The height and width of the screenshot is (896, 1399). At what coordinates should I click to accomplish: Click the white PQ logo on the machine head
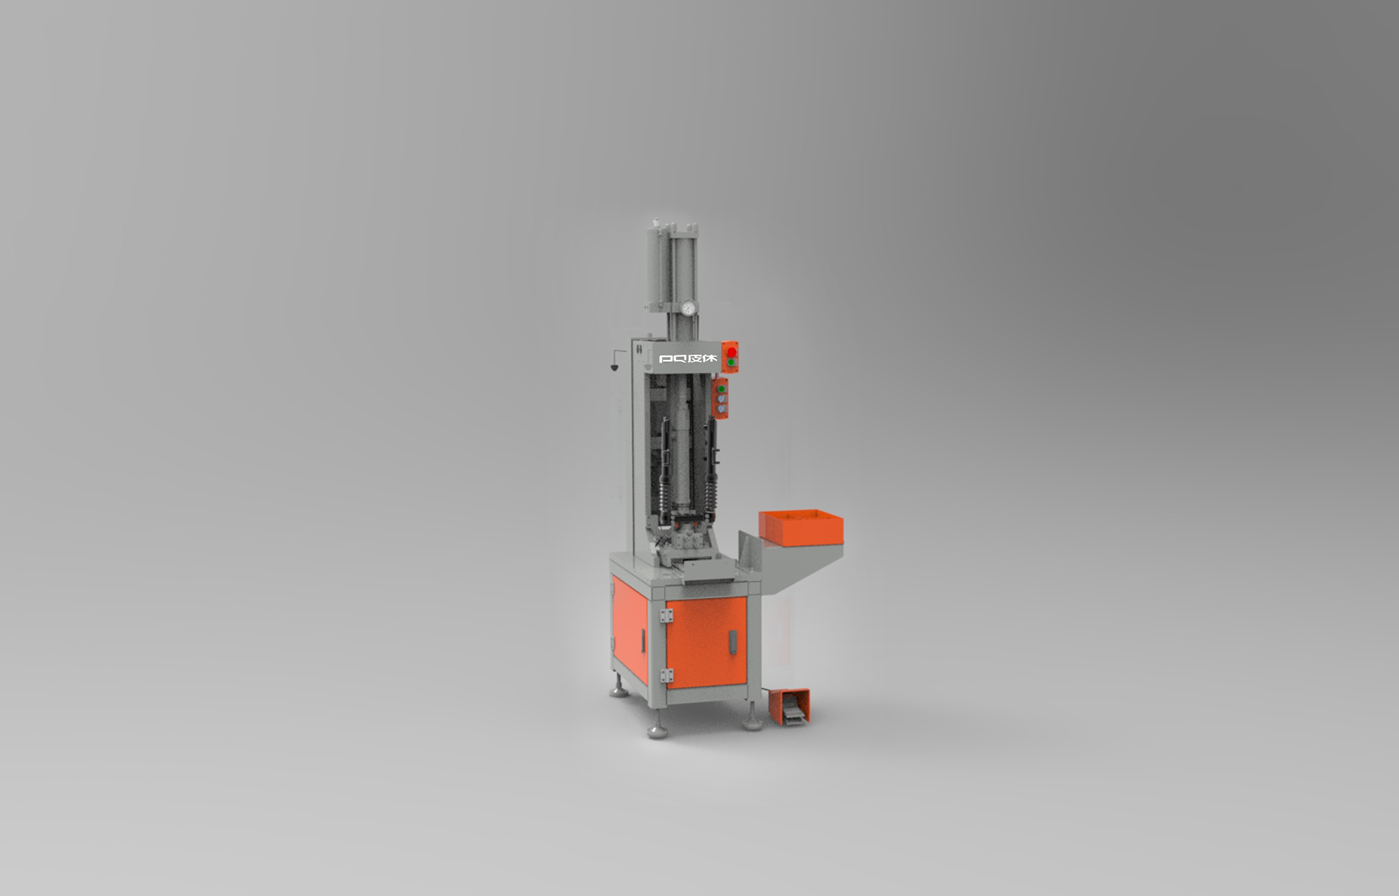tap(688, 359)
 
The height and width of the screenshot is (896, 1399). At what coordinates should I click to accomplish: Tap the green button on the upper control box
tap(731, 362)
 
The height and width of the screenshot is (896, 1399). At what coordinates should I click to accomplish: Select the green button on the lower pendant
tap(722, 389)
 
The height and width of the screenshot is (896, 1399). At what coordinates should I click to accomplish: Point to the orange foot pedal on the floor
tap(789, 707)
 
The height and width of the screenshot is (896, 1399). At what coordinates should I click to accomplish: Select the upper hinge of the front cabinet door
tap(665, 616)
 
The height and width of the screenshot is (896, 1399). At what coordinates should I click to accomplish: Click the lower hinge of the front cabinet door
tap(665, 675)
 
